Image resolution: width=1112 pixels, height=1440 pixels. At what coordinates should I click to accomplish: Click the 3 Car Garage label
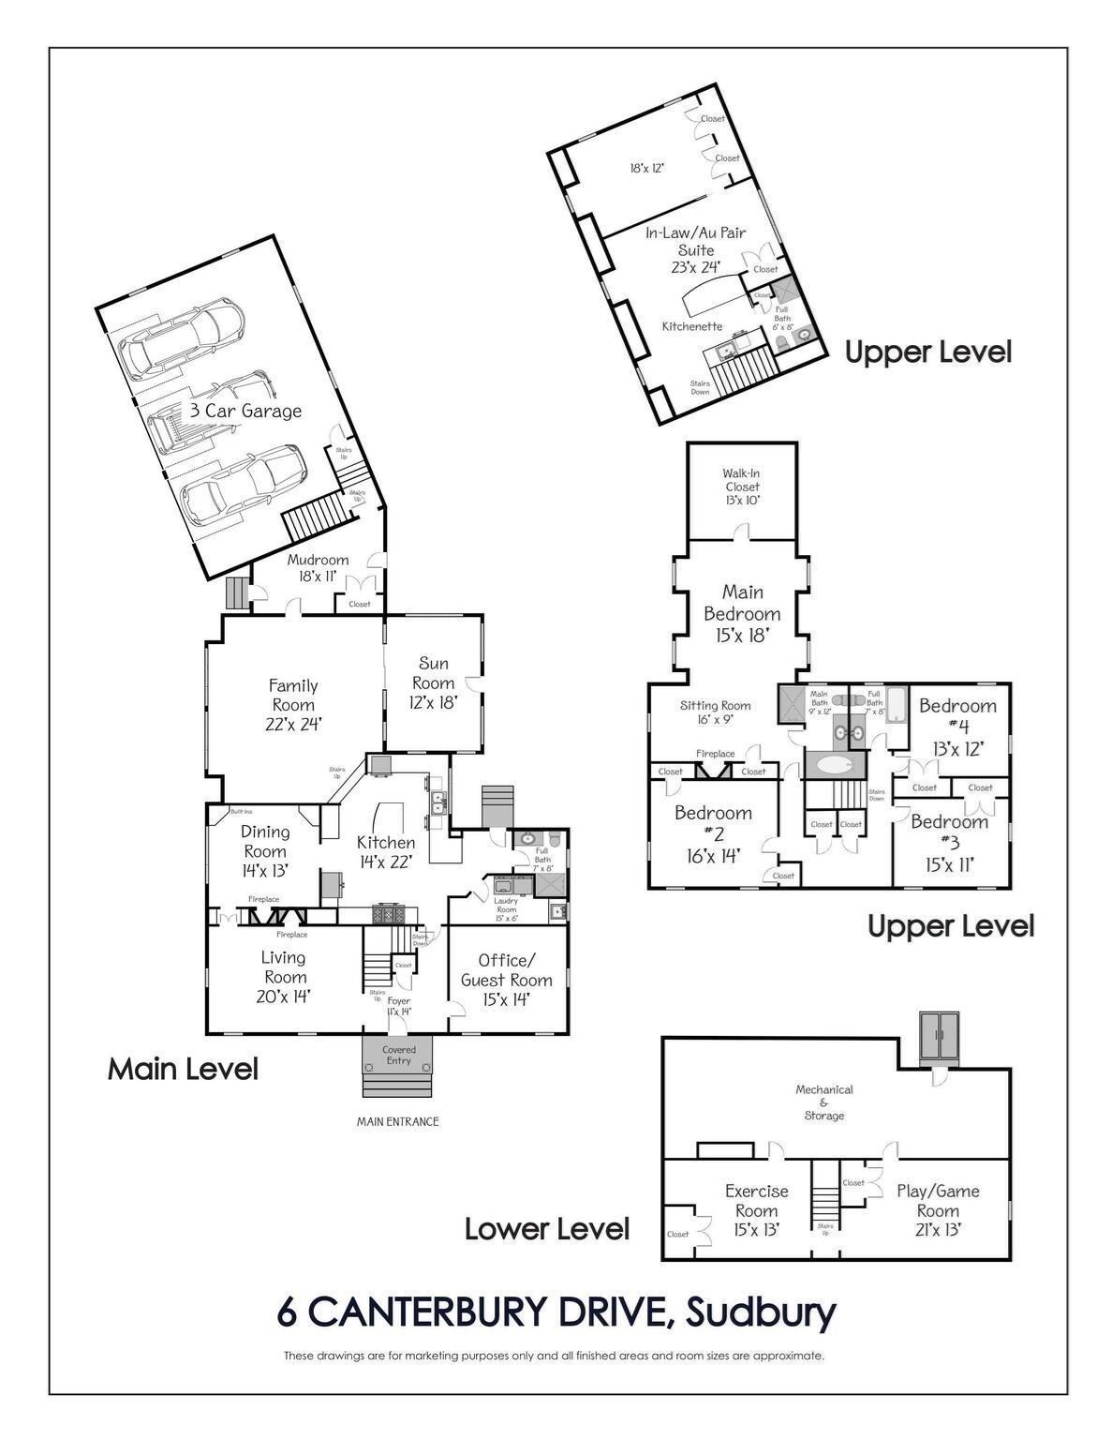click(245, 411)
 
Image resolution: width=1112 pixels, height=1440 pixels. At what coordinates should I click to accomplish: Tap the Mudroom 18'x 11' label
click(318, 568)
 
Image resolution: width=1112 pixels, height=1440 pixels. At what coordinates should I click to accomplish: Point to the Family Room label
click(293, 704)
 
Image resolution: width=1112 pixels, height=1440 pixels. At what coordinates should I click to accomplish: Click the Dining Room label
click(265, 850)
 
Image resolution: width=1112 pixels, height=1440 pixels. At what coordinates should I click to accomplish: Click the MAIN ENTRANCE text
click(397, 1121)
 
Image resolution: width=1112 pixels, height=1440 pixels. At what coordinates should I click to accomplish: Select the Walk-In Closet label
click(741, 487)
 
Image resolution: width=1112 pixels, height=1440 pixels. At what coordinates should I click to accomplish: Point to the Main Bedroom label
click(742, 613)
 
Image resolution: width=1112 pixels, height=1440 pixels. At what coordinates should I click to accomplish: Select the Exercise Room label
click(756, 1209)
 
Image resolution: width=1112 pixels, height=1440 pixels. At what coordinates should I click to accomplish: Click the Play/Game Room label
click(937, 1209)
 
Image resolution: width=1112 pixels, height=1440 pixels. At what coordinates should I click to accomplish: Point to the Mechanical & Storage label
click(824, 1102)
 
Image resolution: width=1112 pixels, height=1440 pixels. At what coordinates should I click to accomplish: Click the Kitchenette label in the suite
click(691, 326)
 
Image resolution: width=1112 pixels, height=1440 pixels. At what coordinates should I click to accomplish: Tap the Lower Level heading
click(547, 1228)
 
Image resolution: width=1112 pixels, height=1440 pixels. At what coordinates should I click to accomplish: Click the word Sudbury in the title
click(761, 1312)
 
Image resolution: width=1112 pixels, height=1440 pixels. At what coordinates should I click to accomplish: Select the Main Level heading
click(183, 1069)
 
